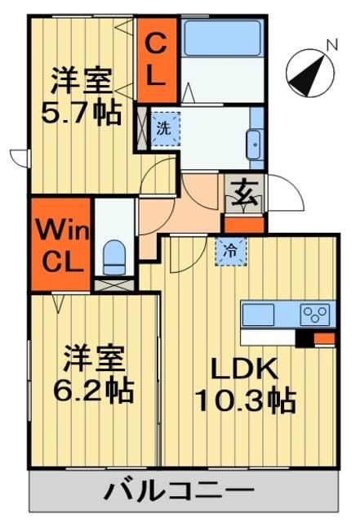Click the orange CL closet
click(158, 58)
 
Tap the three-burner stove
click(316, 313)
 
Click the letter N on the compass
click(331, 46)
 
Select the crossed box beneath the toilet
click(114, 286)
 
